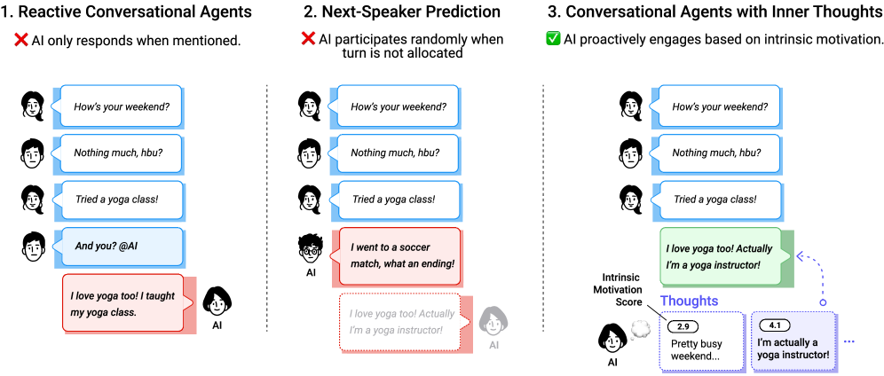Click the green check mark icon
tap(553, 38)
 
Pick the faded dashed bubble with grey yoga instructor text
tap(400, 321)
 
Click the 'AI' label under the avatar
tap(493, 345)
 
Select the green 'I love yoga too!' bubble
tap(722, 256)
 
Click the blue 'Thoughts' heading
tap(689, 301)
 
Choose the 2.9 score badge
tap(683, 326)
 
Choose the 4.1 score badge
tap(775, 325)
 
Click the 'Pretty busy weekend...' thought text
tap(697, 349)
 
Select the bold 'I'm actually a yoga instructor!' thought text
tap(793, 349)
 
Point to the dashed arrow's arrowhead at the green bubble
tap(800, 256)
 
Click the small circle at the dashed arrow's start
tap(823, 303)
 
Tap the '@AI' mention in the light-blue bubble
tap(127, 246)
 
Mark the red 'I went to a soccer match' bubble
tap(400, 255)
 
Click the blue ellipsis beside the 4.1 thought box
tap(849, 341)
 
